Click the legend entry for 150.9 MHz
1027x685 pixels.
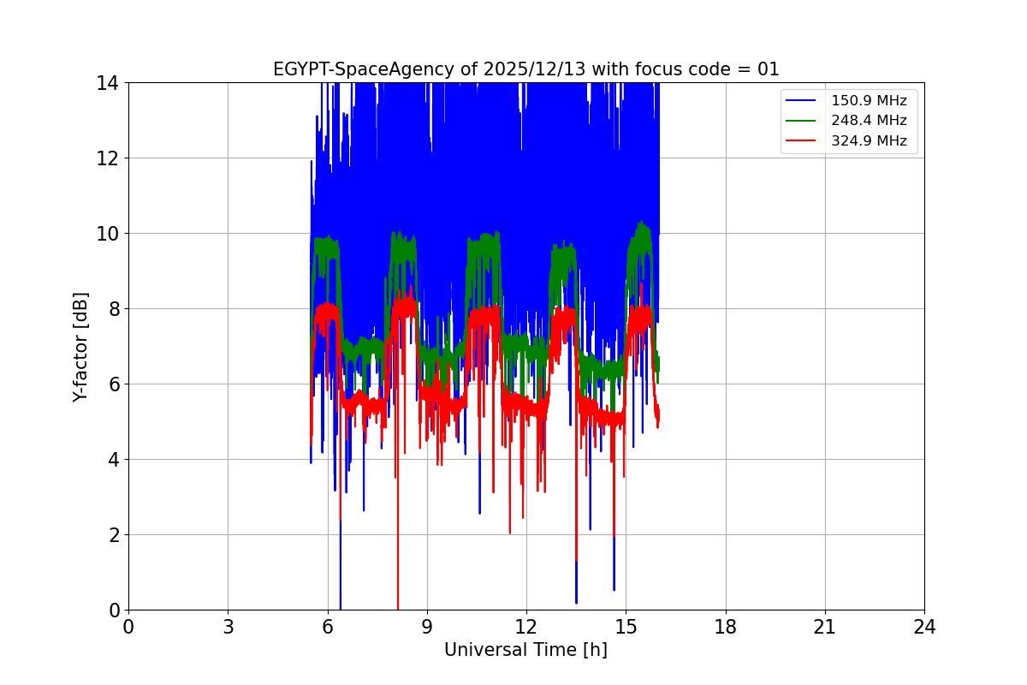869,101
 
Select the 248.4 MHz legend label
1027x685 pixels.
869,121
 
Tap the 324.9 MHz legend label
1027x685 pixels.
869,141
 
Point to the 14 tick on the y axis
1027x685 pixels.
108,83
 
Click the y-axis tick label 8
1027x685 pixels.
113,309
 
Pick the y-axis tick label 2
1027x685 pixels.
113,535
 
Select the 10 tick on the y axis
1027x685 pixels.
108,234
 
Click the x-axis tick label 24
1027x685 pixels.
924,627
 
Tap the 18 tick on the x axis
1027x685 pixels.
726,627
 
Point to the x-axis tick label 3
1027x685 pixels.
228,627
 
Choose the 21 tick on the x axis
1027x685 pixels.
825,627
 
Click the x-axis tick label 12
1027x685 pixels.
526,627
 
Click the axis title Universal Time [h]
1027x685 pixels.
525,650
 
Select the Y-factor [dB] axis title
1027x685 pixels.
80,346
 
